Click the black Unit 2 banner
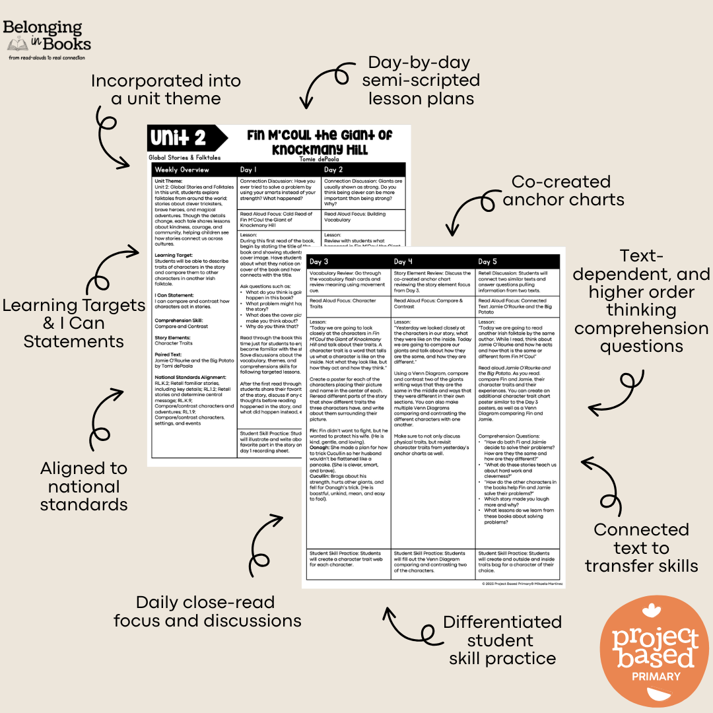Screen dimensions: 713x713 coord(179,139)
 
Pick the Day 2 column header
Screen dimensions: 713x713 coord(334,170)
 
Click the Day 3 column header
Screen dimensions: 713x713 coord(320,262)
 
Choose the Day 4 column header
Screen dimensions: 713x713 coord(404,262)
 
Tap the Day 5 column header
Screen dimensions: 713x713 coord(489,262)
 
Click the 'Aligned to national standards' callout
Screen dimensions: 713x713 coord(84,486)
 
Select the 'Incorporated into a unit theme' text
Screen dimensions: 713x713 coord(166,90)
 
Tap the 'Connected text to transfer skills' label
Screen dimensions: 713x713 coord(641,547)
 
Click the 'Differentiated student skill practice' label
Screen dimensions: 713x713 coord(502,640)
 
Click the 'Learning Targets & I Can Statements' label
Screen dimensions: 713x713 coord(73,323)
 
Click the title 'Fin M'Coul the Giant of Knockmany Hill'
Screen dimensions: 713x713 coord(320,141)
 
